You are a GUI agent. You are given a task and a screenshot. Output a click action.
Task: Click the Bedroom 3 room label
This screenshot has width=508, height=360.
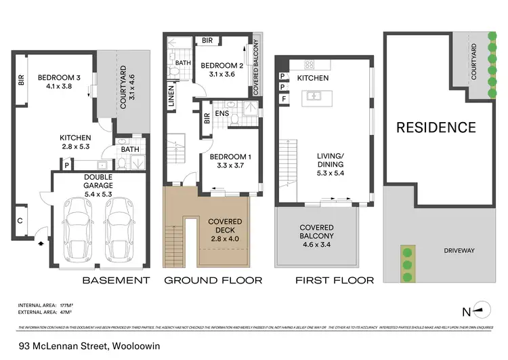pos(59,77)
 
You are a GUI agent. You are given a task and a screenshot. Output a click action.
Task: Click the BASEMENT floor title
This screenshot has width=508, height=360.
pos(115,280)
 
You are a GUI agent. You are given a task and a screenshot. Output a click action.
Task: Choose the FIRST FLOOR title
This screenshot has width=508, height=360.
pos(335,280)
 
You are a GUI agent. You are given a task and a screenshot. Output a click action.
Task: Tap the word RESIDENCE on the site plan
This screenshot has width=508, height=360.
pos(436,127)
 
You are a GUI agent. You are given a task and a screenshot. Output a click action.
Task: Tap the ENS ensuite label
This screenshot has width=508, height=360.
pos(221,114)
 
